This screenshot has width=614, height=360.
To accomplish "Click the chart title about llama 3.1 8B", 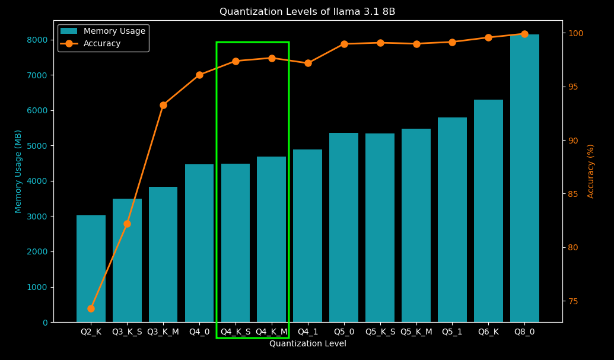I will tap(307, 12).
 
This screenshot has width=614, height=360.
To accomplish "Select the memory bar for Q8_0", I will tap(524, 178).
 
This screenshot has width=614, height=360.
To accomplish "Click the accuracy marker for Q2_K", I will tap(91, 308).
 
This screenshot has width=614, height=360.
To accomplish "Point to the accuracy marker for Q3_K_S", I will tap(127, 224).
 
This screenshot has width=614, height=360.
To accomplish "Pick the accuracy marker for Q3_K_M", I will tap(163, 105).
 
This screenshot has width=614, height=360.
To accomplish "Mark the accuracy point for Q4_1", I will tap(308, 63).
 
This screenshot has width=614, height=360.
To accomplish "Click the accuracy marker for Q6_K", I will tap(488, 37).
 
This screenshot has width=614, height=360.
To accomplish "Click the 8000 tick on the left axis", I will tap(37, 40).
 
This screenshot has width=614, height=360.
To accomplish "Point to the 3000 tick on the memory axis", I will tap(37, 216).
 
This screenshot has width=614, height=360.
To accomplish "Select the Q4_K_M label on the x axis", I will tap(272, 332).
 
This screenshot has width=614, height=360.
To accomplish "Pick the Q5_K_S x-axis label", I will tap(380, 332).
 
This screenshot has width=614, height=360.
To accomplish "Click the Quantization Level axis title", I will tap(307, 344).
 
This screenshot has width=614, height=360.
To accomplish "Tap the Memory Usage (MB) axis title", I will tap(18, 171).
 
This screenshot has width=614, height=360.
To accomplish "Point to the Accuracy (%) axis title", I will tap(591, 171).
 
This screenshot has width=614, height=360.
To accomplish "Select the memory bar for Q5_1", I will tap(452, 219).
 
